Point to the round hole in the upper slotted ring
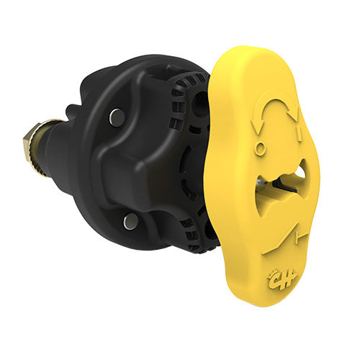[196, 109]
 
